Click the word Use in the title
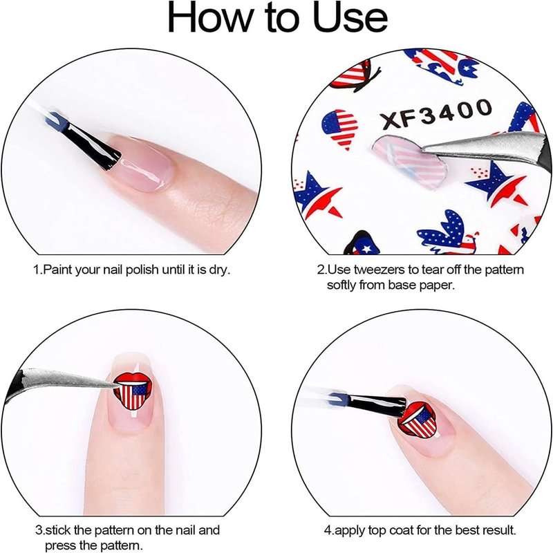(350, 18)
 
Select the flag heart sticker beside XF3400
(339, 128)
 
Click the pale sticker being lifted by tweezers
(409, 161)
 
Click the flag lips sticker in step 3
(133, 391)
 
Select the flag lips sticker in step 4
(419, 422)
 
